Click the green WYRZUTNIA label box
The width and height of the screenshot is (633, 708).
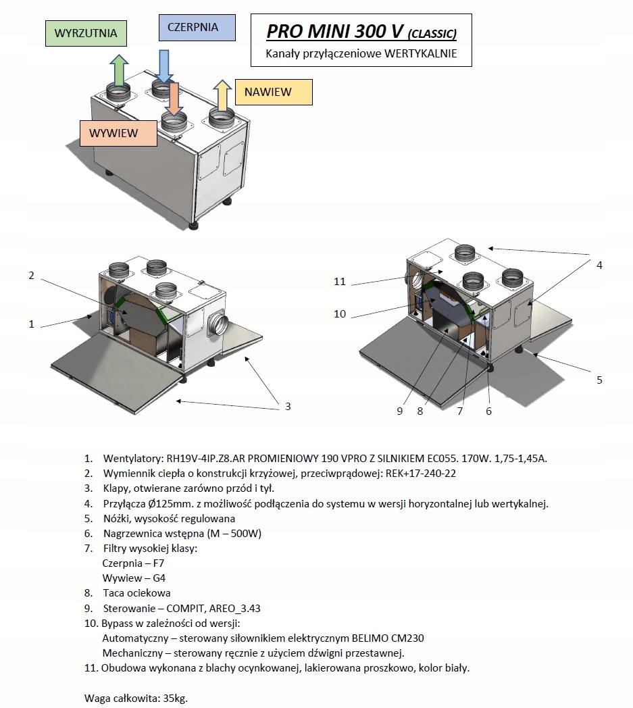coord(86,32)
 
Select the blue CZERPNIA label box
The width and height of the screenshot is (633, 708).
coord(197,28)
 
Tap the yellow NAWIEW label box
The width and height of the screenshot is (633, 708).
coord(274,92)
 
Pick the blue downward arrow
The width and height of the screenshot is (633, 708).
coord(163,65)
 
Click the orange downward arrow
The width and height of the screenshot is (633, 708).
coord(174,99)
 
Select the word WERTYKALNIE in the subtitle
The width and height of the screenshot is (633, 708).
coord(420,54)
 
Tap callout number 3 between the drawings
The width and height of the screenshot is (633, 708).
coord(288,406)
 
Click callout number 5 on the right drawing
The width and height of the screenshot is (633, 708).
coord(599,380)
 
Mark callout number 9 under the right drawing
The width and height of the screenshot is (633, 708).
coord(400,411)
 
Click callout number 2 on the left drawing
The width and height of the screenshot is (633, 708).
coord(31,275)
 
